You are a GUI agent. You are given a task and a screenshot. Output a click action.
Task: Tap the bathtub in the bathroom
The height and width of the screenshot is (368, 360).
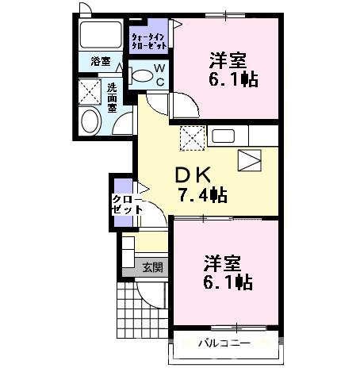[x=101, y=36]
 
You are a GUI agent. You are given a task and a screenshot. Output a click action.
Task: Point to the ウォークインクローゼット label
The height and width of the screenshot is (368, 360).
[x=148, y=40]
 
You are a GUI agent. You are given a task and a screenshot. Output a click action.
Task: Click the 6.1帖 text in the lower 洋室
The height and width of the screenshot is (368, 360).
[x=227, y=281]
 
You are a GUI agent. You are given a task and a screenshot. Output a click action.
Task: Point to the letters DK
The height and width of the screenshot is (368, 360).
[x=190, y=174]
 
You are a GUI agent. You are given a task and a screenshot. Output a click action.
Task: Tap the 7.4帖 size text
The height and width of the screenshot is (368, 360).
[x=201, y=194]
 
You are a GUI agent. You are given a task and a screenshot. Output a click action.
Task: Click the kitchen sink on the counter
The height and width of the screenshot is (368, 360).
[x=222, y=136]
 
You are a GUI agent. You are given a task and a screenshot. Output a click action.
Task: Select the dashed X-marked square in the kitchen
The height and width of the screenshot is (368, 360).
[x=192, y=138]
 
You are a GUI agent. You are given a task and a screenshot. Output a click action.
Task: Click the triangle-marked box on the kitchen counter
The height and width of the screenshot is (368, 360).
[x=249, y=160]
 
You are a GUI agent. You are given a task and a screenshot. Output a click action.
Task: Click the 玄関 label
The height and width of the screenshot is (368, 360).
[x=152, y=267]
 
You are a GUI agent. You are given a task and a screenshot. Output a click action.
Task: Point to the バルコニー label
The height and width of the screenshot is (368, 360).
[x=224, y=343]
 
